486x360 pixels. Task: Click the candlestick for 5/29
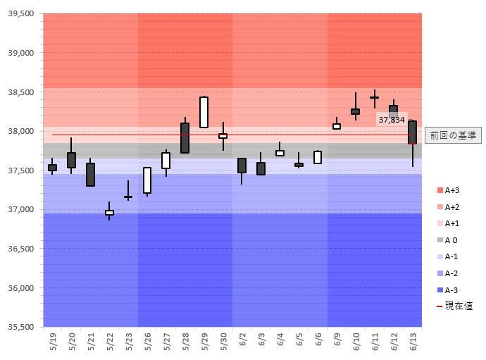(x=204, y=112)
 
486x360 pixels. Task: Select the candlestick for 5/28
(x=185, y=138)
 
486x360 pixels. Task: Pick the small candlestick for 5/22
(x=109, y=212)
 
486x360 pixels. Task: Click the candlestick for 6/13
(x=412, y=132)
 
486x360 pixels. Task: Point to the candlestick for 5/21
(x=90, y=174)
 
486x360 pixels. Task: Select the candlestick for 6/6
(x=318, y=157)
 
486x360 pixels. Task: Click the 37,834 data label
(x=392, y=120)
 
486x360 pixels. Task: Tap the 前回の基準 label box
(x=454, y=135)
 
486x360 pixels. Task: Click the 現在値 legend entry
(x=454, y=306)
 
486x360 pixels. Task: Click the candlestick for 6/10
(x=356, y=111)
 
